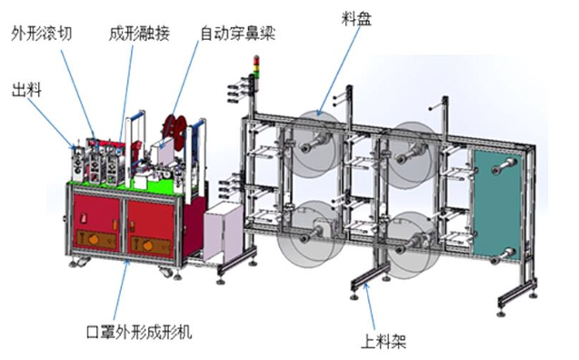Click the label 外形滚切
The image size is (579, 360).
coord(42,34)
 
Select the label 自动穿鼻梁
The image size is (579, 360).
coord(238,34)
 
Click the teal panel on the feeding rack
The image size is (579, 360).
coord(499,200)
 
